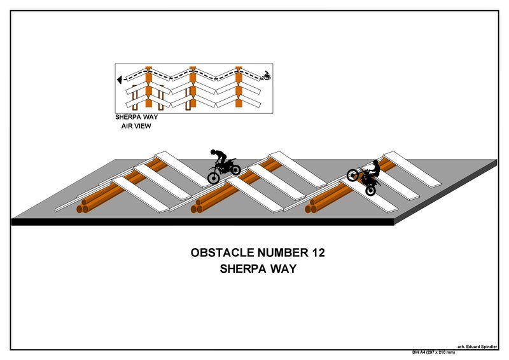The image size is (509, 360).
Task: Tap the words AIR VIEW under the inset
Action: click(x=136, y=126)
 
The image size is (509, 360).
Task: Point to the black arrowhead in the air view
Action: click(x=120, y=80)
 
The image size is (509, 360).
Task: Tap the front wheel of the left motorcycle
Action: click(x=234, y=169)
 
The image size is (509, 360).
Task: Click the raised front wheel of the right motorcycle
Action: click(x=352, y=175)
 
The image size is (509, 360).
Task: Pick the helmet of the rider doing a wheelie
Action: click(x=375, y=162)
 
